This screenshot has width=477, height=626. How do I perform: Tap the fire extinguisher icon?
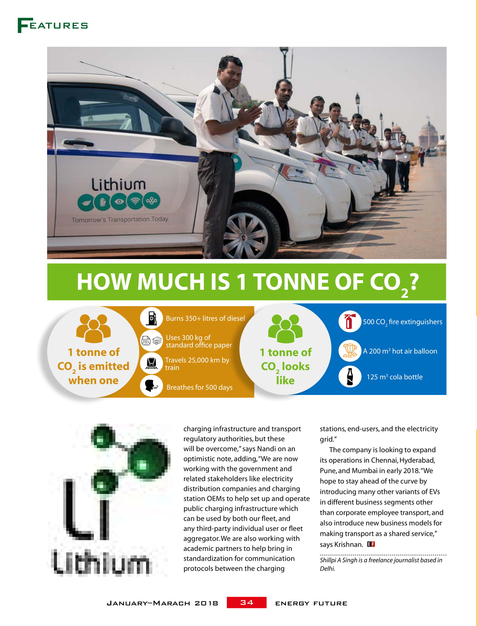click(x=350, y=321)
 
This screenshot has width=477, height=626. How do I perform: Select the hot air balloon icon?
click(x=350, y=351)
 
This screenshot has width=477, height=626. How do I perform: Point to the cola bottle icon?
click(x=350, y=376)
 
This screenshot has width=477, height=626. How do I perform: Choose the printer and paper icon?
click(x=151, y=340)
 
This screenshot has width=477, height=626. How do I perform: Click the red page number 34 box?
click(x=247, y=602)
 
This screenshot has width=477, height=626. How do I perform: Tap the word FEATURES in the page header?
click(x=53, y=25)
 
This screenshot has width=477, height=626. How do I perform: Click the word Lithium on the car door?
click(x=118, y=185)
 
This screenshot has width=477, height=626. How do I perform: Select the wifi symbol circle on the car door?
click(x=135, y=201)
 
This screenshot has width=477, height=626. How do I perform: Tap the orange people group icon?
click(x=93, y=328)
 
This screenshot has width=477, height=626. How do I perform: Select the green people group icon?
click(x=285, y=328)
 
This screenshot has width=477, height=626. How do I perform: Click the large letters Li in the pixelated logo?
click(x=86, y=510)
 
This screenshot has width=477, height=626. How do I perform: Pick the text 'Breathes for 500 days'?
click(x=199, y=387)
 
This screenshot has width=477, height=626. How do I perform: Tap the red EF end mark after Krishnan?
click(x=371, y=544)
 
